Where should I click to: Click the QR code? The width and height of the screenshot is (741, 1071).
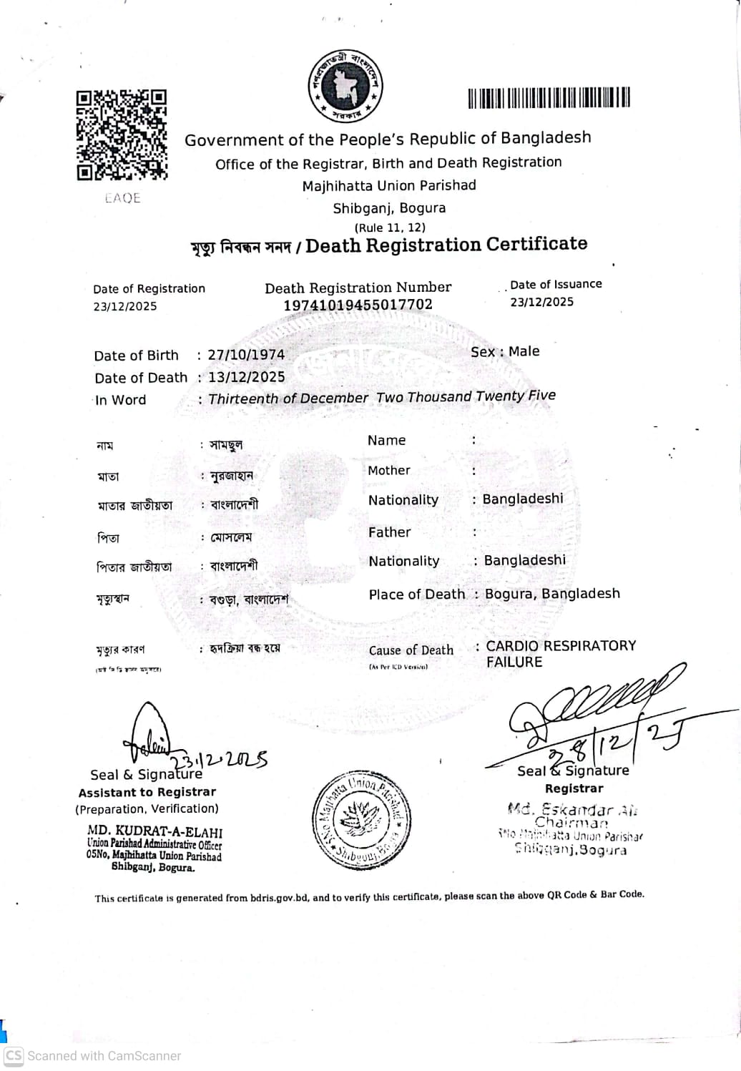click(122, 135)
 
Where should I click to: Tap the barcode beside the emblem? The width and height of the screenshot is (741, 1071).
click(549, 97)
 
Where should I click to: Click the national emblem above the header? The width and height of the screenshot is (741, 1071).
click(346, 87)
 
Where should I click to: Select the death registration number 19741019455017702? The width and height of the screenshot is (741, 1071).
click(358, 305)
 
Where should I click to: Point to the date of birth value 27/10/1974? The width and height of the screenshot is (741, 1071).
click(246, 355)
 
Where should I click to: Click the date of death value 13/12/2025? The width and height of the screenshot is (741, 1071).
click(246, 377)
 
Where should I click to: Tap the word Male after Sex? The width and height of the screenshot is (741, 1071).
click(524, 351)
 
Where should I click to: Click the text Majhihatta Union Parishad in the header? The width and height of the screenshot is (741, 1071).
click(388, 185)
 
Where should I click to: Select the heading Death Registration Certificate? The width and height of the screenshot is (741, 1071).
click(446, 245)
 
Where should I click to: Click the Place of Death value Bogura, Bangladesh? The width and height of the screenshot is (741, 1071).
click(552, 594)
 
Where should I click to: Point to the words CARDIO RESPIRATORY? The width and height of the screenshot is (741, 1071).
click(561, 646)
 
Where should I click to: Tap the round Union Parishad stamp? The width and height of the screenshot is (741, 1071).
click(361, 820)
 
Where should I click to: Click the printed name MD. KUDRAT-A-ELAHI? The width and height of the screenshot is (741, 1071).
click(154, 832)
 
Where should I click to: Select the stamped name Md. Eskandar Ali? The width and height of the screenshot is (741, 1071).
click(572, 810)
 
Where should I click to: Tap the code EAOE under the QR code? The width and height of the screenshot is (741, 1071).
click(122, 198)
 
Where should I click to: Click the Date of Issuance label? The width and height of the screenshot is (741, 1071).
click(556, 284)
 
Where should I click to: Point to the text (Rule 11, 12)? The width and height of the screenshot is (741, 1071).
click(390, 228)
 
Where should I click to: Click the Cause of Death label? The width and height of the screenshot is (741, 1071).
click(411, 650)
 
